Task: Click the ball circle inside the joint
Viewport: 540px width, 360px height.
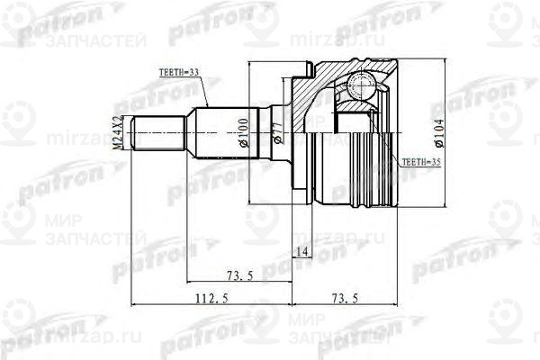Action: tap(364, 86)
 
